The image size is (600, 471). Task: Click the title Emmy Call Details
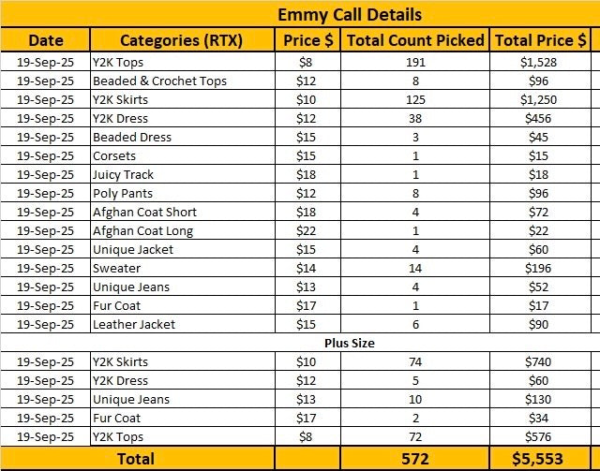pos(350,15)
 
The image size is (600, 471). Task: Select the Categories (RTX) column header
pos(181,40)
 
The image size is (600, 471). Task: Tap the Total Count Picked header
pos(415,40)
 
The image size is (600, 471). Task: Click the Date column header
pos(46,40)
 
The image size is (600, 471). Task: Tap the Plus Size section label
pos(350,343)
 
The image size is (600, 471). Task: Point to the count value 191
pos(415,63)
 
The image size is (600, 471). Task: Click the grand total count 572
pos(415,459)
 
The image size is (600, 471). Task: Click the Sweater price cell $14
pos(307,269)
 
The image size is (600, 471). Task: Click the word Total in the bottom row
pos(136,459)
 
